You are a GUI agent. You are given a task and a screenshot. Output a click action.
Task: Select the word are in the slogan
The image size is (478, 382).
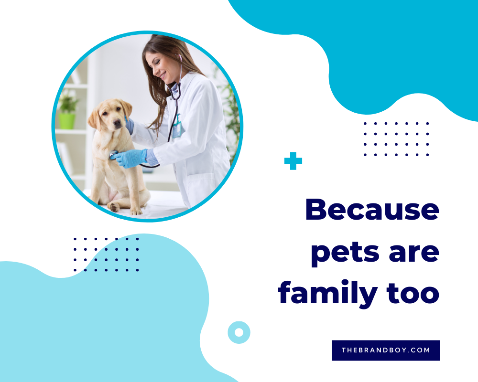(414, 254)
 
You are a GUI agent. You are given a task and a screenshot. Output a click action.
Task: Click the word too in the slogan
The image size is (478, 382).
(413, 294)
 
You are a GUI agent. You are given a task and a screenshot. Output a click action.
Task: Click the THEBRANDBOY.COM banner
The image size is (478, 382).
(386, 350)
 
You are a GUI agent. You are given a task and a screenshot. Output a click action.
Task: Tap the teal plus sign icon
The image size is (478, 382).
(293, 161)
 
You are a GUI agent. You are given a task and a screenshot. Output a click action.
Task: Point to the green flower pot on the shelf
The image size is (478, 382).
(67, 121)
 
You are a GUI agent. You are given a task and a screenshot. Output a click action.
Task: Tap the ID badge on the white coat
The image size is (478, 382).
(176, 129)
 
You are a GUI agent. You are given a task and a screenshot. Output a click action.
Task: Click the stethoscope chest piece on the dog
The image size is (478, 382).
(113, 154)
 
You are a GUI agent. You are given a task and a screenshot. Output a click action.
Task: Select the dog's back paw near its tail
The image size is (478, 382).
(115, 207)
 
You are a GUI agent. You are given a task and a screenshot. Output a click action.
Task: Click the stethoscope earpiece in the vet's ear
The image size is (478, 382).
(180, 57)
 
